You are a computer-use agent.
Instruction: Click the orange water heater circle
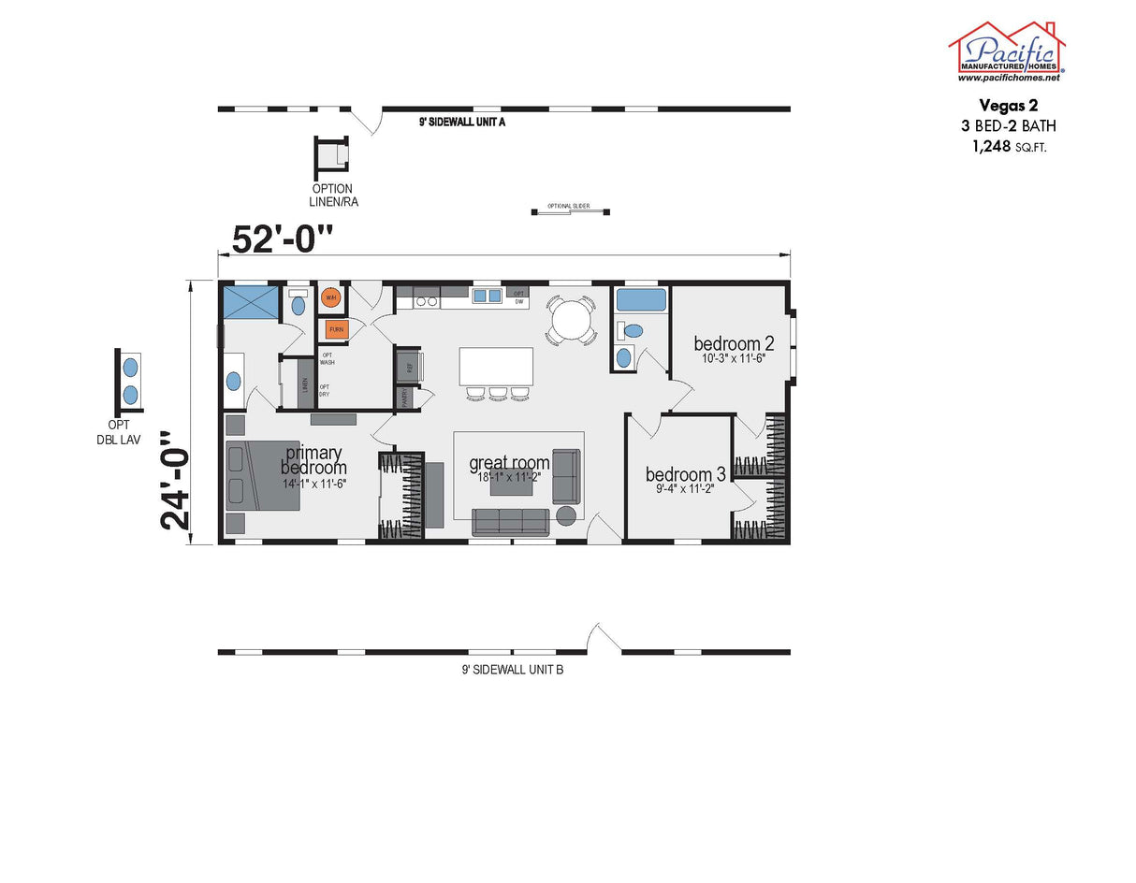(x=329, y=298)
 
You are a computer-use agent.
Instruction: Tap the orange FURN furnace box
(x=336, y=329)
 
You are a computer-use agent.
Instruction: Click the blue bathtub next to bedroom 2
(x=641, y=300)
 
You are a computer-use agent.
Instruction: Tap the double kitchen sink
(x=487, y=297)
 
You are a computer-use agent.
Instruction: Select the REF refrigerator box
(x=409, y=366)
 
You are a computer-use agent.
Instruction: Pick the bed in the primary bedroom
(x=261, y=476)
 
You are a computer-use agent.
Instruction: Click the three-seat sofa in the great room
(x=510, y=522)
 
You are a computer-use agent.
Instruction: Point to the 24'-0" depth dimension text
(x=176, y=481)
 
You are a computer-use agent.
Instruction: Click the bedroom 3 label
(x=685, y=473)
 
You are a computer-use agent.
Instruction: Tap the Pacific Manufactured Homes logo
(x=1007, y=51)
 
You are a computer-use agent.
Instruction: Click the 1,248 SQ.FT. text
(x=1008, y=146)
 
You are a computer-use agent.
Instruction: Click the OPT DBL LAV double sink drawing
(x=131, y=380)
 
